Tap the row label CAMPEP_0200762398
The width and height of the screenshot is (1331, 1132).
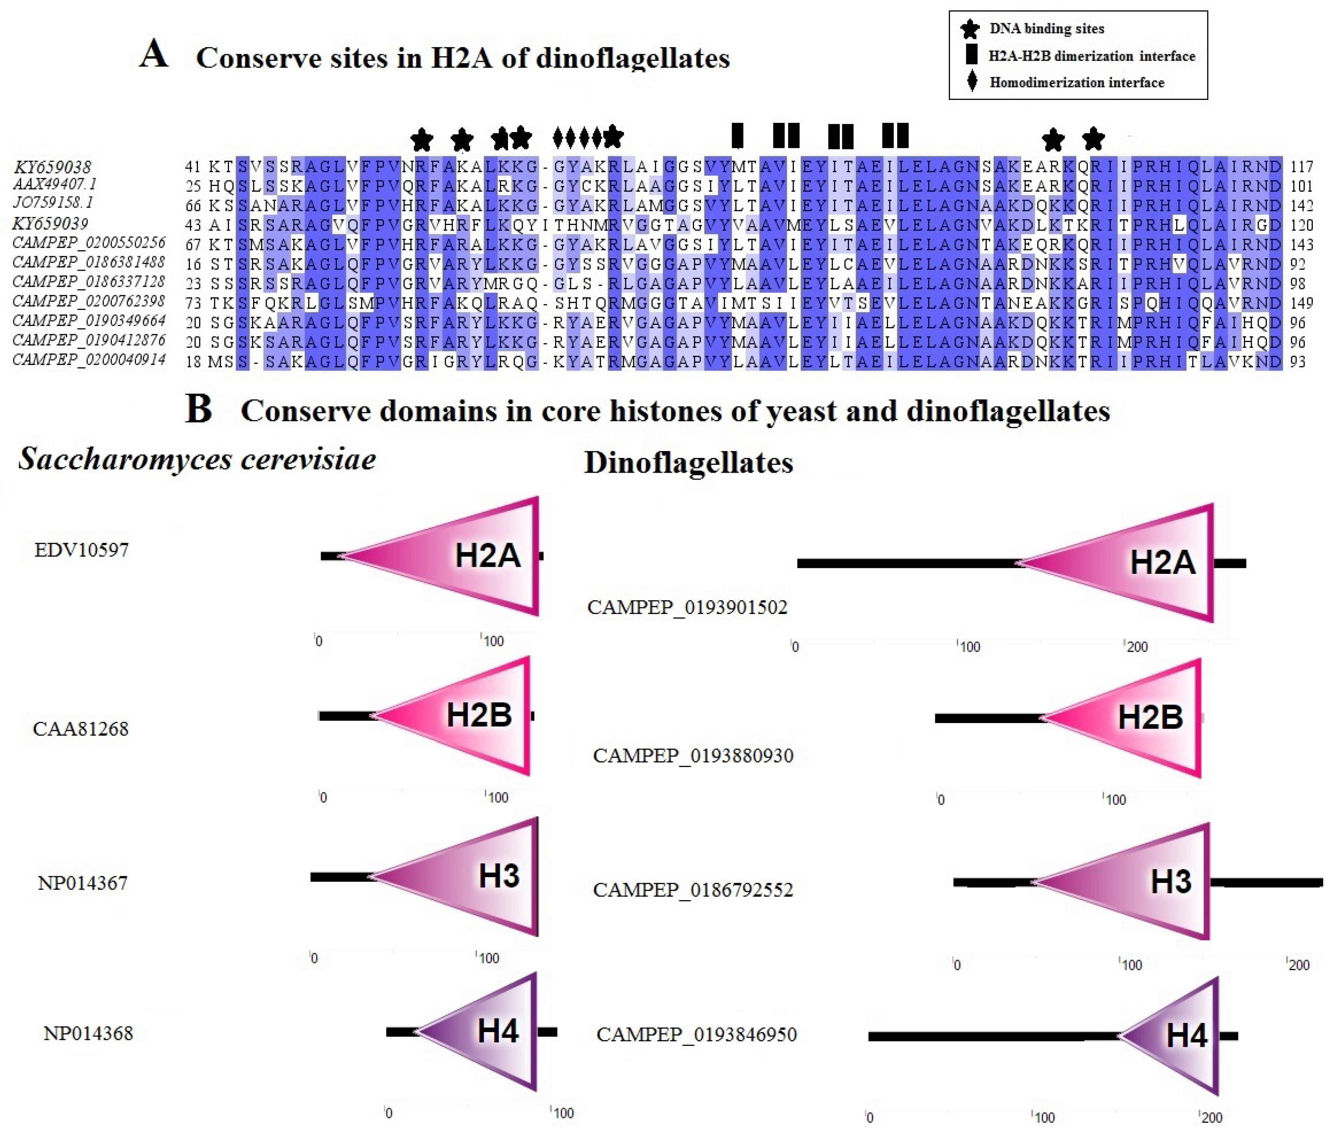pyautogui.click(x=89, y=302)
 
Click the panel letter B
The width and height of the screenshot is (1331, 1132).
pyautogui.click(x=198, y=409)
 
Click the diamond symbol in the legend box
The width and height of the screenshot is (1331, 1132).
pyautogui.click(x=972, y=82)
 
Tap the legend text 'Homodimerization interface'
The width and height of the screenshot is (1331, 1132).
pyautogui.click(x=1077, y=83)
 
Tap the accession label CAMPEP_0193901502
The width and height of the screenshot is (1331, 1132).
pyautogui.click(x=687, y=607)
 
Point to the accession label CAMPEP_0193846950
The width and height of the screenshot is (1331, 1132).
pyautogui.click(x=696, y=1035)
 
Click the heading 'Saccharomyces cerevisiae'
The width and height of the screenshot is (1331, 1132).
pyautogui.click(x=197, y=459)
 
